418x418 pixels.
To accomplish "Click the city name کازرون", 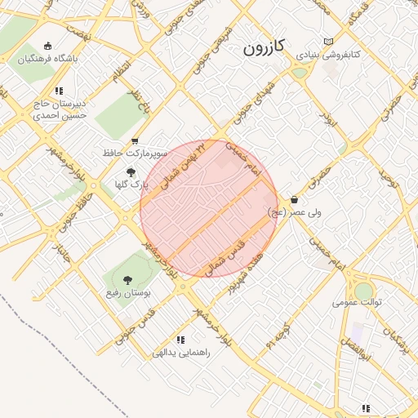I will pyautogui.click(x=263, y=47).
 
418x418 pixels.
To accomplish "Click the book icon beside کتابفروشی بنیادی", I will pyautogui.click(x=329, y=42).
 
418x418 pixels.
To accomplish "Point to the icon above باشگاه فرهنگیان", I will pyautogui.click(x=47, y=46).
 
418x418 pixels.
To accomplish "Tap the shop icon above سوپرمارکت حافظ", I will pyautogui.click(x=135, y=140).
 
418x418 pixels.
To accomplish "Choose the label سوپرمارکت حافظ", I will pyautogui.click(x=136, y=153).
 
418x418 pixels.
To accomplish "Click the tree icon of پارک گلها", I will pyautogui.click(x=131, y=172).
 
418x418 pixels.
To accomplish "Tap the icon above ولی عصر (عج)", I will pyautogui.click(x=294, y=199).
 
